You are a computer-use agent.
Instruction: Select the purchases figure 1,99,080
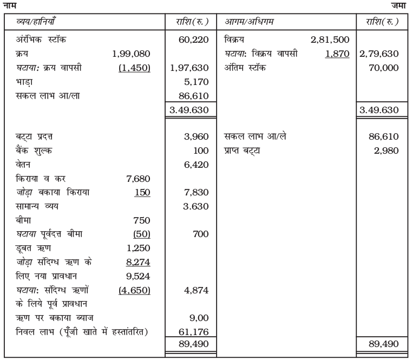[x=130, y=54]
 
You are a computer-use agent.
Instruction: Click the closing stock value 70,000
[x=383, y=68]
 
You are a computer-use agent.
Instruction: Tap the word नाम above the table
[x=9, y=5]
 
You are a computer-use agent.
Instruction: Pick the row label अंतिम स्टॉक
[x=245, y=68]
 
